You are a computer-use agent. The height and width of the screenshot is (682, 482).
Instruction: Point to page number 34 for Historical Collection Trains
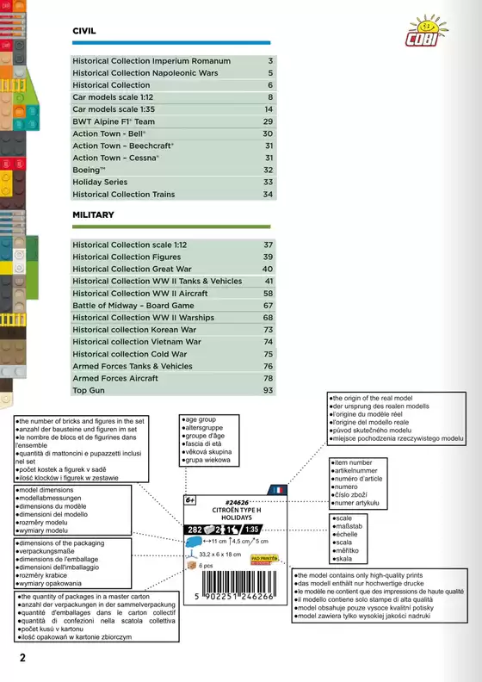click(x=268, y=195)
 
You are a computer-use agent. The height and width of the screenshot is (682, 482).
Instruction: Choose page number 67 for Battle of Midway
click(x=268, y=306)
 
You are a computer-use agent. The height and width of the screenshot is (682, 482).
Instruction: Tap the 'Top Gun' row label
click(x=88, y=390)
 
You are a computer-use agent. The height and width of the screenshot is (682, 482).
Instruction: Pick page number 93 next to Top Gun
click(x=268, y=390)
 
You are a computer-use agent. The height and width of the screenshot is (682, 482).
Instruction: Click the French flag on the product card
click(x=276, y=491)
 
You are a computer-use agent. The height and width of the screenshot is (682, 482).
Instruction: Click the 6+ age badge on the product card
click(x=191, y=500)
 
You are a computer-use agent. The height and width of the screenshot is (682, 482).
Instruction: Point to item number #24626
click(x=236, y=502)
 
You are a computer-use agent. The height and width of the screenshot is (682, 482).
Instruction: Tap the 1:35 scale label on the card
click(x=251, y=529)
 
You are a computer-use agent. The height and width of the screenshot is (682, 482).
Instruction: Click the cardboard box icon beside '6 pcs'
click(x=191, y=566)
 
